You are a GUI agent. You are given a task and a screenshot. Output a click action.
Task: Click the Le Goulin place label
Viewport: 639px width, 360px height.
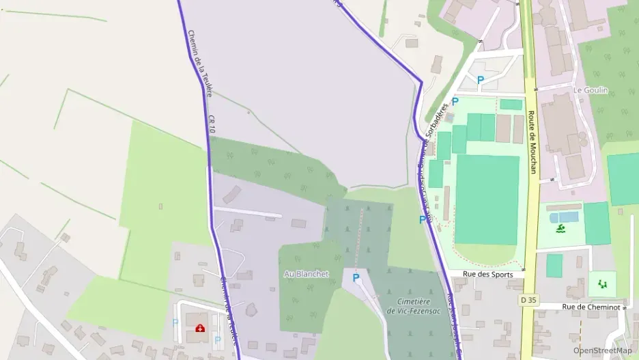tap(591, 90)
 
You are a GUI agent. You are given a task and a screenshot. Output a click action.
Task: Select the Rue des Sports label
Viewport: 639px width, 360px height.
tap(487, 274)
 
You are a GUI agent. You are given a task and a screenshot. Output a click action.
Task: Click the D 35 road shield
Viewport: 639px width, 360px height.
tap(527, 300)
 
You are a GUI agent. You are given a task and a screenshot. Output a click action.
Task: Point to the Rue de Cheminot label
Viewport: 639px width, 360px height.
tap(591, 307)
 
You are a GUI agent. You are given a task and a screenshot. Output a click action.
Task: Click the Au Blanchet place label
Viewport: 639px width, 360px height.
tap(306, 274)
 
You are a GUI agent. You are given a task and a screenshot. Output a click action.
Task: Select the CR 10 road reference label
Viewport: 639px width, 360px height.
tap(212, 124)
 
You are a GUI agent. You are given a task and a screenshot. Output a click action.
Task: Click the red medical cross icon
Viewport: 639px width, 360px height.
tap(200, 329)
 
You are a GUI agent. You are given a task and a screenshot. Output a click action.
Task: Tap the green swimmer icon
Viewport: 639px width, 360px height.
tap(560, 227)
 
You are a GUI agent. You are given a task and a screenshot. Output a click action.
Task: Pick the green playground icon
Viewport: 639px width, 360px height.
tap(601, 283)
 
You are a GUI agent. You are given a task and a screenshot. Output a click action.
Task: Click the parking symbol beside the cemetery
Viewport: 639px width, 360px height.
tap(356, 278)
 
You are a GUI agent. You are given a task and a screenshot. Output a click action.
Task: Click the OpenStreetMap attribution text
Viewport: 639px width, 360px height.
tap(602, 350)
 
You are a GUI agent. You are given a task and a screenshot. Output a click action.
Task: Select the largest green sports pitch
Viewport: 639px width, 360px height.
tap(487, 199)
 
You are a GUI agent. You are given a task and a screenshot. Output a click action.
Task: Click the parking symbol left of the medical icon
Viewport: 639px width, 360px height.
tap(175, 322)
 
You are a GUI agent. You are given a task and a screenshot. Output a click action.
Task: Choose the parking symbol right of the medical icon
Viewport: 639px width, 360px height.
tap(218, 340)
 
